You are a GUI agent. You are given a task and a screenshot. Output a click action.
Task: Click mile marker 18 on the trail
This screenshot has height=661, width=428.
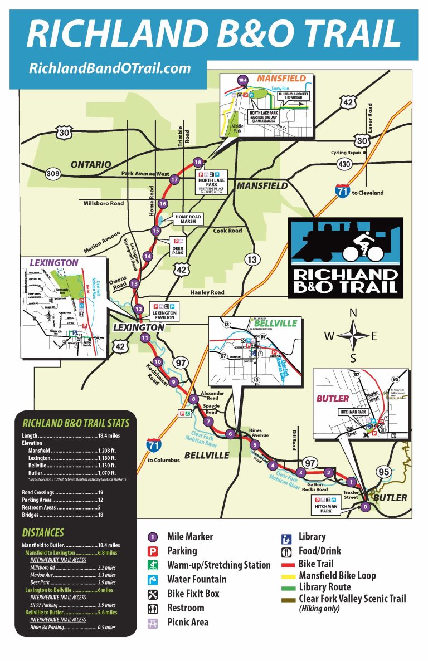click(x=197, y=162)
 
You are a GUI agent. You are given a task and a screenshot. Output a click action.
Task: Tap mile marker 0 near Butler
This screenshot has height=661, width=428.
click(x=365, y=507)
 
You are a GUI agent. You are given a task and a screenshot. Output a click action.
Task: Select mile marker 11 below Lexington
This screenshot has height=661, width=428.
click(x=145, y=337)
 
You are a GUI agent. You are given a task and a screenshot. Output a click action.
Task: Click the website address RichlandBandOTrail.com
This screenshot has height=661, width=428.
click(x=110, y=68)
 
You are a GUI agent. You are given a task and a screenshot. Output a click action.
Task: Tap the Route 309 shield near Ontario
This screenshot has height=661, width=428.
click(x=53, y=173)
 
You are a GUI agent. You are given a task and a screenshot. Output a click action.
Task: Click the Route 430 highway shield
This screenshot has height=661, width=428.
click(x=344, y=164)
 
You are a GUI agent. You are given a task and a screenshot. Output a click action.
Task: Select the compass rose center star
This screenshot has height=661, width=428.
click(x=352, y=336)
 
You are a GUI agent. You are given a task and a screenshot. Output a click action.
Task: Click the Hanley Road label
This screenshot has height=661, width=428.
click(x=207, y=292)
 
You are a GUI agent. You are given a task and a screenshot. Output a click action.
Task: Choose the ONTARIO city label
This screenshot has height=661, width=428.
click(x=91, y=164)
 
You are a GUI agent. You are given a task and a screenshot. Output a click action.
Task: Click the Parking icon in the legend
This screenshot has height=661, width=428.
click(x=153, y=551)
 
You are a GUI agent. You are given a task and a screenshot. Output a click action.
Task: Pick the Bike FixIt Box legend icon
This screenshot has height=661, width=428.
click(x=153, y=594)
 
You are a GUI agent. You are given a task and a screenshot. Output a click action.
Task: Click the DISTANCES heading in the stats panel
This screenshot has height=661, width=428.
click(x=43, y=532)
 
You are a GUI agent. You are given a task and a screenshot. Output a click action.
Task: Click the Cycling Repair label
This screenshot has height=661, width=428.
click(x=346, y=152)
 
